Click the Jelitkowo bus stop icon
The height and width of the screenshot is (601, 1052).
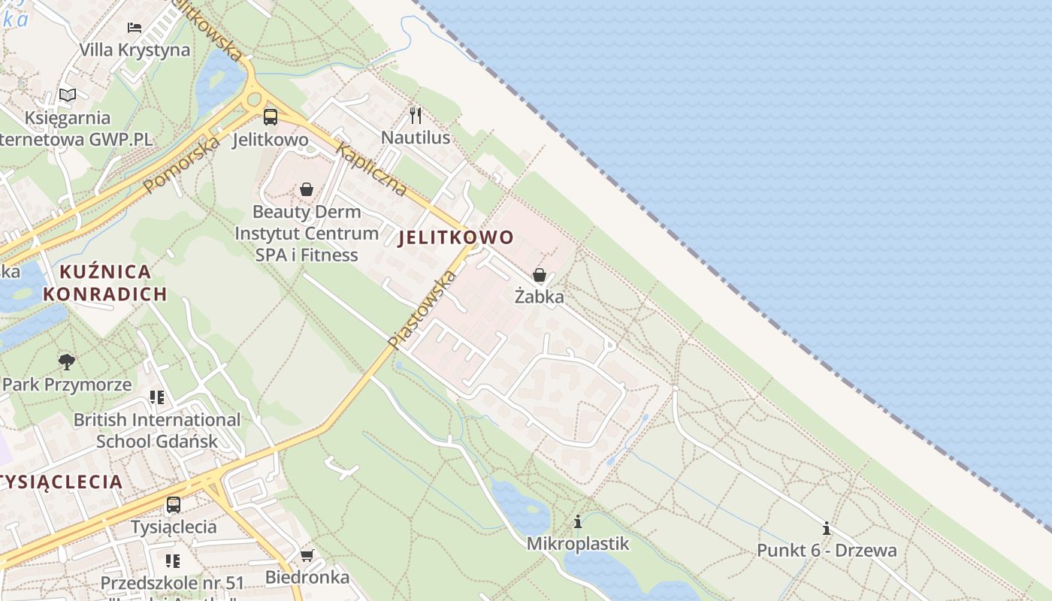coord(271,117)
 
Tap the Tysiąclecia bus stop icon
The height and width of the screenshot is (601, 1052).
coord(174,504)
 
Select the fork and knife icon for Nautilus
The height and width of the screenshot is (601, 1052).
coord(415,115)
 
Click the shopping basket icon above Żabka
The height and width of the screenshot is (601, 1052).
coord(540,275)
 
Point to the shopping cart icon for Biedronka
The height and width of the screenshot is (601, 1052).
coord(307,555)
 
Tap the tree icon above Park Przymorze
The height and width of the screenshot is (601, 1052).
coord(67,362)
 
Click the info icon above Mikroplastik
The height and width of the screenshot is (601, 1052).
coord(578,521)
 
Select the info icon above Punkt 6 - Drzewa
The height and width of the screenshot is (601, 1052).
coord(827,528)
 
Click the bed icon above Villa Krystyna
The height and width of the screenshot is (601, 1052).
coord(135,28)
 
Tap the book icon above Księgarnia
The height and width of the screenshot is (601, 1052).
coord(68,95)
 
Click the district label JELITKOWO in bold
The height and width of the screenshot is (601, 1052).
coord(456,238)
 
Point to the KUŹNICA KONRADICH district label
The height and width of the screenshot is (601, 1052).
coord(105,282)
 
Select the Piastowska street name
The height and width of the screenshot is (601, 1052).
coord(423,309)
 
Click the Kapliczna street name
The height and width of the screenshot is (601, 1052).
coord(372,168)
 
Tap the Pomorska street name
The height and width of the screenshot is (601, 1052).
coord(183,164)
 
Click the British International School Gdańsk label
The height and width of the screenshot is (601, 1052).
coord(157,430)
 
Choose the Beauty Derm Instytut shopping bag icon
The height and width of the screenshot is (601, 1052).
coord(307,189)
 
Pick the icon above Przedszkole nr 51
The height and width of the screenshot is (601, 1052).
coord(173,560)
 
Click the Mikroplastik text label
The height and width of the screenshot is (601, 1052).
coord(578,543)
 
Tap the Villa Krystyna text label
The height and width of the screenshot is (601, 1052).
coord(135,50)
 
